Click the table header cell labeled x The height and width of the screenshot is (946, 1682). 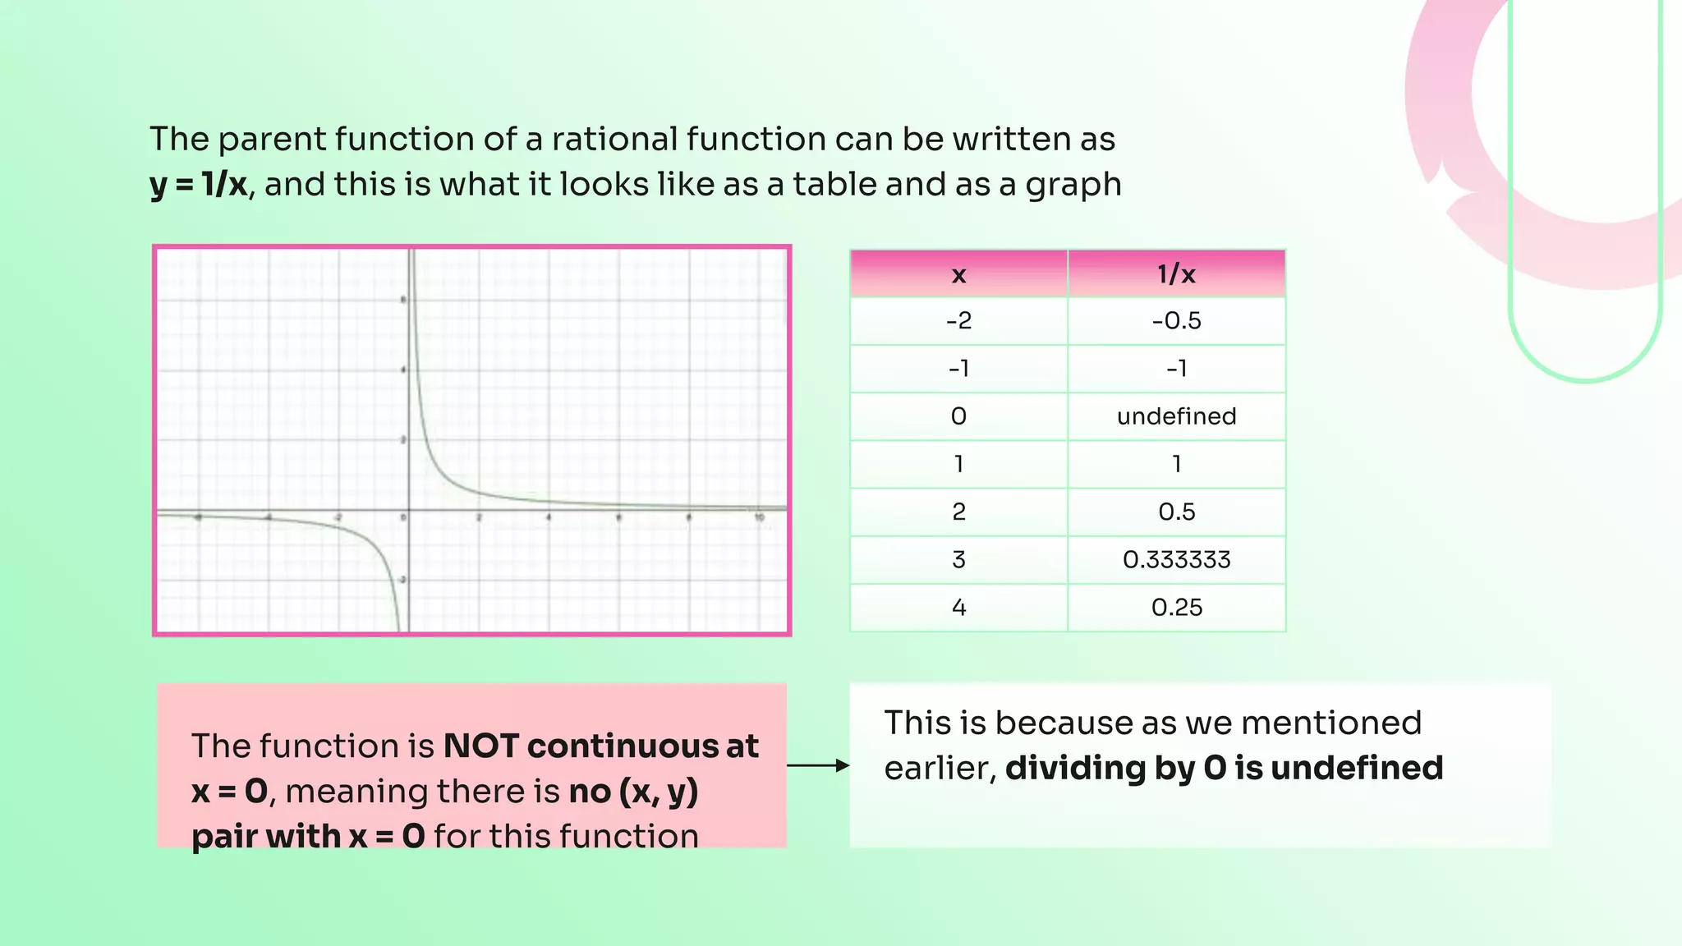[958, 274]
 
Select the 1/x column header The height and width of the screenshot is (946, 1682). [1176, 274]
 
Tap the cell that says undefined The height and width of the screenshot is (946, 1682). [1176, 416]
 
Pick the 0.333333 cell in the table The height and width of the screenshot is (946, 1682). [1176, 560]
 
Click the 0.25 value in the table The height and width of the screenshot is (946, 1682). [1176, 608]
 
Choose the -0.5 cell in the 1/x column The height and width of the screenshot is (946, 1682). [1176, 320]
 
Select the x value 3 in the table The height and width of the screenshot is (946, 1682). [958, 560]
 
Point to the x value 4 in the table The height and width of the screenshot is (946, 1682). [958, 608]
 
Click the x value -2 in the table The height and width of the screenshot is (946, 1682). [958, 320]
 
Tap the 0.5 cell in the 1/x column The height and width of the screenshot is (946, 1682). [1176, 512]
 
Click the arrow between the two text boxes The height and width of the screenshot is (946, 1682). [818, 765]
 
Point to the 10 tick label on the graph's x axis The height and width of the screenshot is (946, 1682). [760, 517]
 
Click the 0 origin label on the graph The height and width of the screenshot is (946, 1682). [403, 517]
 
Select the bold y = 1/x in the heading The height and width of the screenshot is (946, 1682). [198, 185]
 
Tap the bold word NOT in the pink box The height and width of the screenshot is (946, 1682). [480, 746]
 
